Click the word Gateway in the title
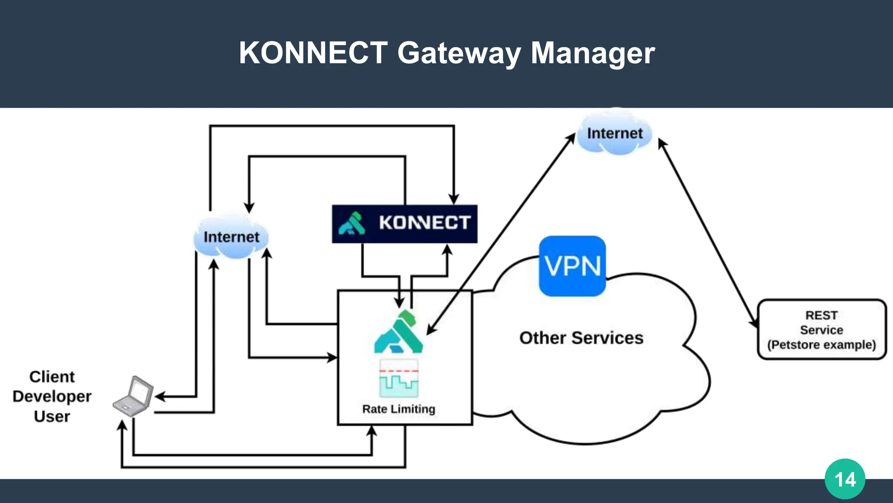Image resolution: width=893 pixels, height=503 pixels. [x=459, y=53]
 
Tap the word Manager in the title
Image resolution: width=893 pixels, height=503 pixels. [x=593, y=53]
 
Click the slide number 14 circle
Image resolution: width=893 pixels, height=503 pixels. [x=845, y=479]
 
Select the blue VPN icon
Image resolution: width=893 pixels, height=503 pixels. [x=572, y=266]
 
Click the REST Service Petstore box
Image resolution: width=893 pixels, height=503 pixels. [x=821, y=329]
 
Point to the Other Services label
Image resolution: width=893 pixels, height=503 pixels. [x=581, y=338]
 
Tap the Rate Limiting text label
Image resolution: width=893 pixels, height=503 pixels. [x=399, y=409]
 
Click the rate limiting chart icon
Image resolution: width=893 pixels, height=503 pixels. [x=399, y=378]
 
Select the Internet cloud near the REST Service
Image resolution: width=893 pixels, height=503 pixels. [x=614, y=134]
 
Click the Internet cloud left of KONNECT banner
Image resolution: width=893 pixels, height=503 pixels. [x=231, y=237]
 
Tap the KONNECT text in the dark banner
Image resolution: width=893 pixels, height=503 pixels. [x=424, y=223]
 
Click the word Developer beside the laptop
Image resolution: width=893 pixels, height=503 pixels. [x=52, y=396]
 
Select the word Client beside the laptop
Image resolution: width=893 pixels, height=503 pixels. [x=52, y=376]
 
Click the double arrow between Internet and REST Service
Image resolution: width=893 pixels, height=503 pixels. [x=708, y=233]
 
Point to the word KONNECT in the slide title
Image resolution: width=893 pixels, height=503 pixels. [x=313, y=53]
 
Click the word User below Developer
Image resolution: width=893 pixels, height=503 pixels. [x=52, y=417]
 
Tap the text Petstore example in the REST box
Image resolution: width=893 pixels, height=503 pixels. [x=821, y=345]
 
